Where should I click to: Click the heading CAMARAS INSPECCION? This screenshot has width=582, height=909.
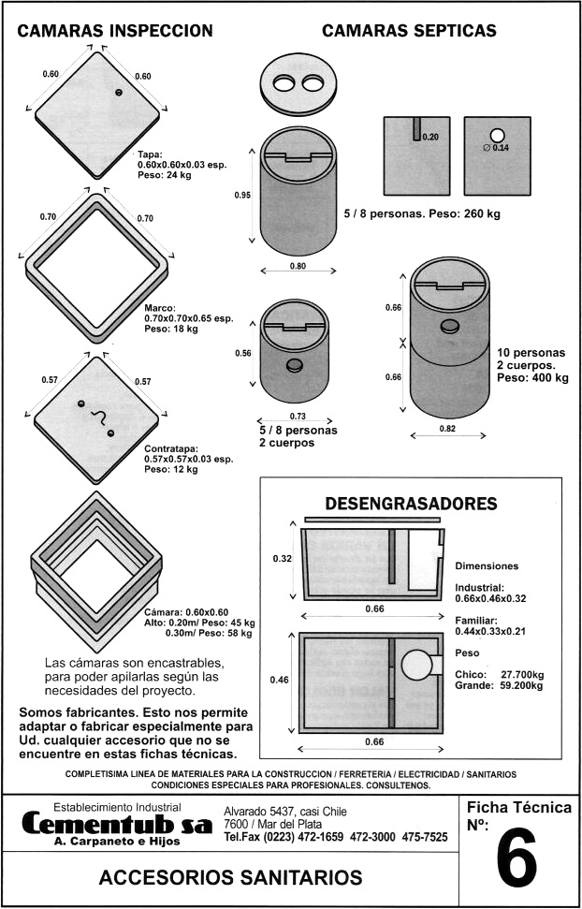tap(115, 31)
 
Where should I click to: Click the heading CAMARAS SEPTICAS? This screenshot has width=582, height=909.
tap(409, 31)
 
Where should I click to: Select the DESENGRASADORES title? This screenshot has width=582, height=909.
tap(410, 504)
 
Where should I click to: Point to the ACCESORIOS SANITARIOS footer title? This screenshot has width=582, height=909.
tap(230, 877)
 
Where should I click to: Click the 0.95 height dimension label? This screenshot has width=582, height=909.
tap(242, 195)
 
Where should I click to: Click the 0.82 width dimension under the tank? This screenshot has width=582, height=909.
tap(449, 428)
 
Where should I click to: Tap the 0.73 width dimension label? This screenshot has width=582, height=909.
tap(298, 416)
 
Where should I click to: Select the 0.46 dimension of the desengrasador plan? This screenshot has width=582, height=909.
tap(281, 679)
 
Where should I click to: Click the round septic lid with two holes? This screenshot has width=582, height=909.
tap(298, 84)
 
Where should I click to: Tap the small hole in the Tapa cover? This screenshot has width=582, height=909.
tap(119, 92)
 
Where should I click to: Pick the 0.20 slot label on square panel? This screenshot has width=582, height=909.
tap(430, 137)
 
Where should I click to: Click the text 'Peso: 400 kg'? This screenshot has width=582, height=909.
tap(532, 378)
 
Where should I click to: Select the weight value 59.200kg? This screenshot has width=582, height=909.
tap(522, 684)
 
